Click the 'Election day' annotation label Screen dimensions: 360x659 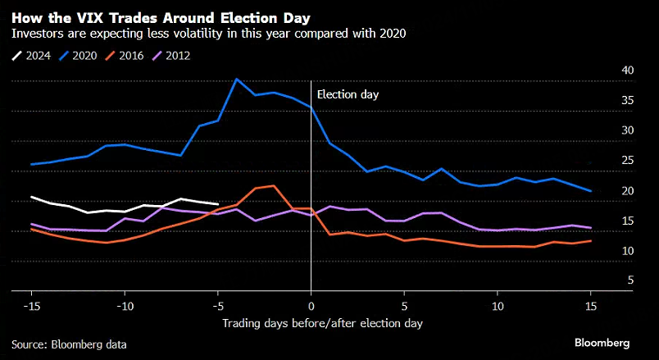(x=348, y=94)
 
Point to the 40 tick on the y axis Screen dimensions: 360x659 (x=605, y=70)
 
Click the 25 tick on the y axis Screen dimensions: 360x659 (x=605, y=160)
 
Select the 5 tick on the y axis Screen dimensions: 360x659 (x=607, y=280)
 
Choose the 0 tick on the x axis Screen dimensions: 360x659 (x=311, y=306)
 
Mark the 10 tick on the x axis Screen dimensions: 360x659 (x=497, y=306)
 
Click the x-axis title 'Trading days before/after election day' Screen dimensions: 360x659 (x=323, y=323)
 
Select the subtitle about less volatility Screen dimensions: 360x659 (x=208, y=34)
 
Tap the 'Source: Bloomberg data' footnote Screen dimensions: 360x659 (x=69, y=344)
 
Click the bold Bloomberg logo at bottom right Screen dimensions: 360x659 (x=602, y=342)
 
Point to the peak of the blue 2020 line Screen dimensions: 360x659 (x=237, y=80)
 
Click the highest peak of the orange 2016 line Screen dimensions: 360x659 (x=273, y=185)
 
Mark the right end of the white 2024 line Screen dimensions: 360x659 (x=218, y=204)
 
